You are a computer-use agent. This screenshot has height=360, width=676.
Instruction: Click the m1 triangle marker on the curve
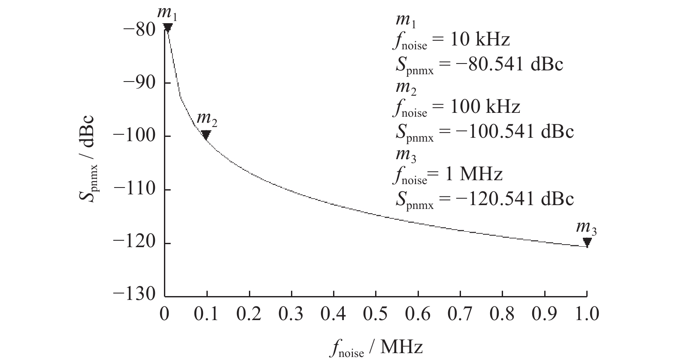(x=168, y=27)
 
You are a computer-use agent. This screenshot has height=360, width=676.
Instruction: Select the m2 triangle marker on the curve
(x=206, y=135)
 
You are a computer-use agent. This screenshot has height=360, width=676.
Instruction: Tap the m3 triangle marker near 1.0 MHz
(x=587, y=242)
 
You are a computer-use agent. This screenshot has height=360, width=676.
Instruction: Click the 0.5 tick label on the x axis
(x=376, y=314)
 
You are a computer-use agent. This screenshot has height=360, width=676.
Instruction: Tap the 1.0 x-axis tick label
(x=587, y=314)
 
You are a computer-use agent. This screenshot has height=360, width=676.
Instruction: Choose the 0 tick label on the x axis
(x=165, y=314)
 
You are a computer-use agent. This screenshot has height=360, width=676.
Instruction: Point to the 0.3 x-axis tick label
(x=291, y=314)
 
